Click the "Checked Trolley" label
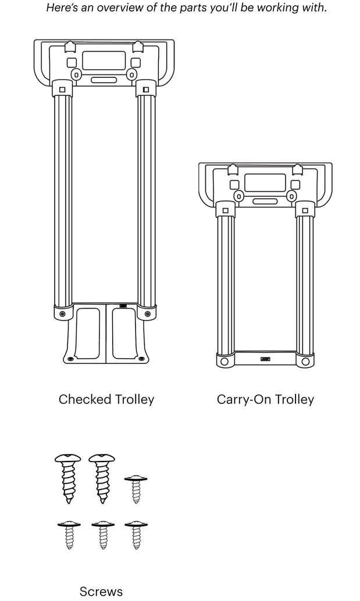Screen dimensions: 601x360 click(x=106, y=399)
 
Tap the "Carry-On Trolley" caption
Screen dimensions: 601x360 click(x=265, y=399)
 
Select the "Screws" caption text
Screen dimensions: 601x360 click(x=101, y=591)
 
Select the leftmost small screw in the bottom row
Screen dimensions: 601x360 click(x=69, y=535)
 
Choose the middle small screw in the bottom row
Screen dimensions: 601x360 click(x=102, y=535)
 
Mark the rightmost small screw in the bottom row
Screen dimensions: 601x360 click(x=136, y=535)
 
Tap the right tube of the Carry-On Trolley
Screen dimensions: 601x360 click(x=304, y=285)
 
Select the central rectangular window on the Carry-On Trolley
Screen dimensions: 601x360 click(x=265, y=183)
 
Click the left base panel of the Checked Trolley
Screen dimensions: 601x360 click(x=88, y=332)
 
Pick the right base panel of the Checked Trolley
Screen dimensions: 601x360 click(x=124, y=332)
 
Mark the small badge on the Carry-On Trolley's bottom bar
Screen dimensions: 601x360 click(x=265, y=359)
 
